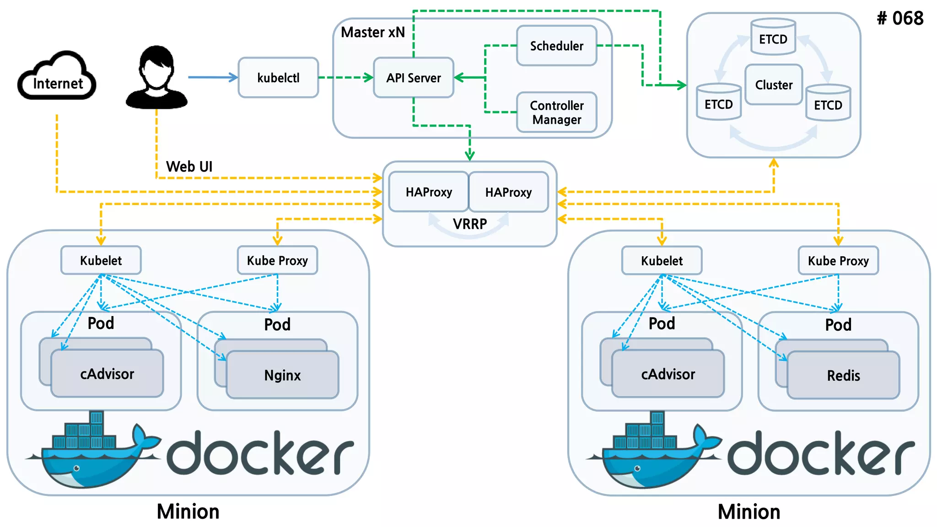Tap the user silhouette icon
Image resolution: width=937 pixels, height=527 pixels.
click(156, 78)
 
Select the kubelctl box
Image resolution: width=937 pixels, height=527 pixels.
click(278, 78)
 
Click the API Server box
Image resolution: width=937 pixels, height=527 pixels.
click(414, 78)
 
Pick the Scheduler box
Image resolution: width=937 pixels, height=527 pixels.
click(556, 46)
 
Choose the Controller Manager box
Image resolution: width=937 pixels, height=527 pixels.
click(556, 113)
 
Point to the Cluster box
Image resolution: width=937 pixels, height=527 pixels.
click(774, 85)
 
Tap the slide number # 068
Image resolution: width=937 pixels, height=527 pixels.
click(900, 19)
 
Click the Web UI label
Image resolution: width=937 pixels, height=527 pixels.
click(189, 167)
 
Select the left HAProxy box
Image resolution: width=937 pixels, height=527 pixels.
click(429, 192)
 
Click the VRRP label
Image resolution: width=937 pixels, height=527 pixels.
click(470, 224)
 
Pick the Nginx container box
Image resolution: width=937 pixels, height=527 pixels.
click(283, 375)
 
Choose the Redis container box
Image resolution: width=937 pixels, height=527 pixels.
click(843, 376)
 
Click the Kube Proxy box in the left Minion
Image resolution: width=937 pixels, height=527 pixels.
click(277, 261)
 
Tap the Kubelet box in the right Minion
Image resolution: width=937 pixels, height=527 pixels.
click(662, 261)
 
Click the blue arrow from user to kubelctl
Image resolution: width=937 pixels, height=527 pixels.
click(213, 77)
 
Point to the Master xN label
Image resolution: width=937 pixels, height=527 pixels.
click(373, 32)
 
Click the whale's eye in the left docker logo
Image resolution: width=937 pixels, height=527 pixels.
click(77, 468)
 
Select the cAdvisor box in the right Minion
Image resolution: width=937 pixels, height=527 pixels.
click(668, 374)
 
